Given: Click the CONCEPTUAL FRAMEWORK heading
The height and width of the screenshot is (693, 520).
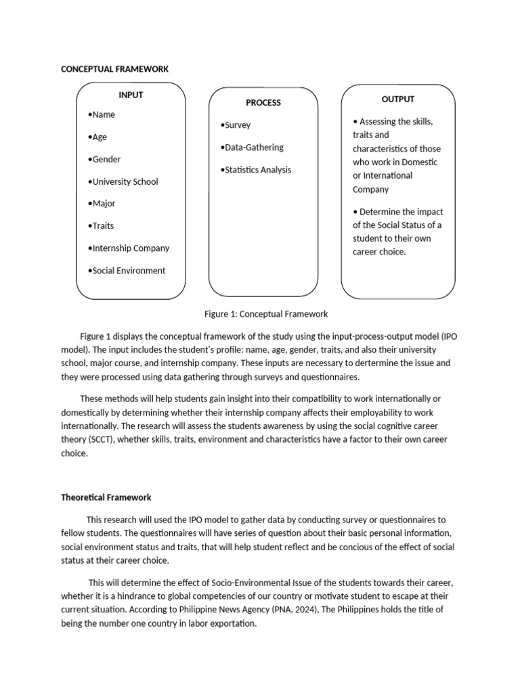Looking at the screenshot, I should pyautogui.click(x=114, y=69).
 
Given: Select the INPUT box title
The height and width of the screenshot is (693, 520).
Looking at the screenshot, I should pyautogui.click(x=131, y=95).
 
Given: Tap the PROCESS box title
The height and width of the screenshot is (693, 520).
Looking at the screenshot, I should pyautogui.click(x=263, y=103).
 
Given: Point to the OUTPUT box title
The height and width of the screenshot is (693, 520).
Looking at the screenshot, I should pyautogui.click(x=398, y=99).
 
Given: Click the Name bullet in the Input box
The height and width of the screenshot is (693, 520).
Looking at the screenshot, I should pyautogui.click(x=102, y=114).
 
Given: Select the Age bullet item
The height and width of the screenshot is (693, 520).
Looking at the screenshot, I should pyautogui.click(x=97, y=137).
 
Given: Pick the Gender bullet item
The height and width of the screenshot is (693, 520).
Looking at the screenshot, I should pyautogui.click(x=104, y=159).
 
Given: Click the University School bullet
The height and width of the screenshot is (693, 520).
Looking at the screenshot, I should pyautogui.click(x=123, y=181).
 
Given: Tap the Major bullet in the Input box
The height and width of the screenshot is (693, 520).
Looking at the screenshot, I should pyautogui.click(x=102, y=204).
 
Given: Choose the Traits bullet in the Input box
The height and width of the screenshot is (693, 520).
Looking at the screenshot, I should pyautogui.click(x=101, y=226).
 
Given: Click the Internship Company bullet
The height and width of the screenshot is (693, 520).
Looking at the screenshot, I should pyautogui.click(x=129, y=248).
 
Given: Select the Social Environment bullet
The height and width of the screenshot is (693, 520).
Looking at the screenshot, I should pyautogui.click(x=127, y=271).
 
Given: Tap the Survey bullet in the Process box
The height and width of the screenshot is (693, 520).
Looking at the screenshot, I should pyautogui.click(x=236, y=125).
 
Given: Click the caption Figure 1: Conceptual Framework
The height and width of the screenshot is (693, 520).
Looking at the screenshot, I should pyautogui.click(x=266, y=314).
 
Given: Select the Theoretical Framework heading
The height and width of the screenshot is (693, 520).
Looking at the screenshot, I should pyautogui.click(x=106, y=497).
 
